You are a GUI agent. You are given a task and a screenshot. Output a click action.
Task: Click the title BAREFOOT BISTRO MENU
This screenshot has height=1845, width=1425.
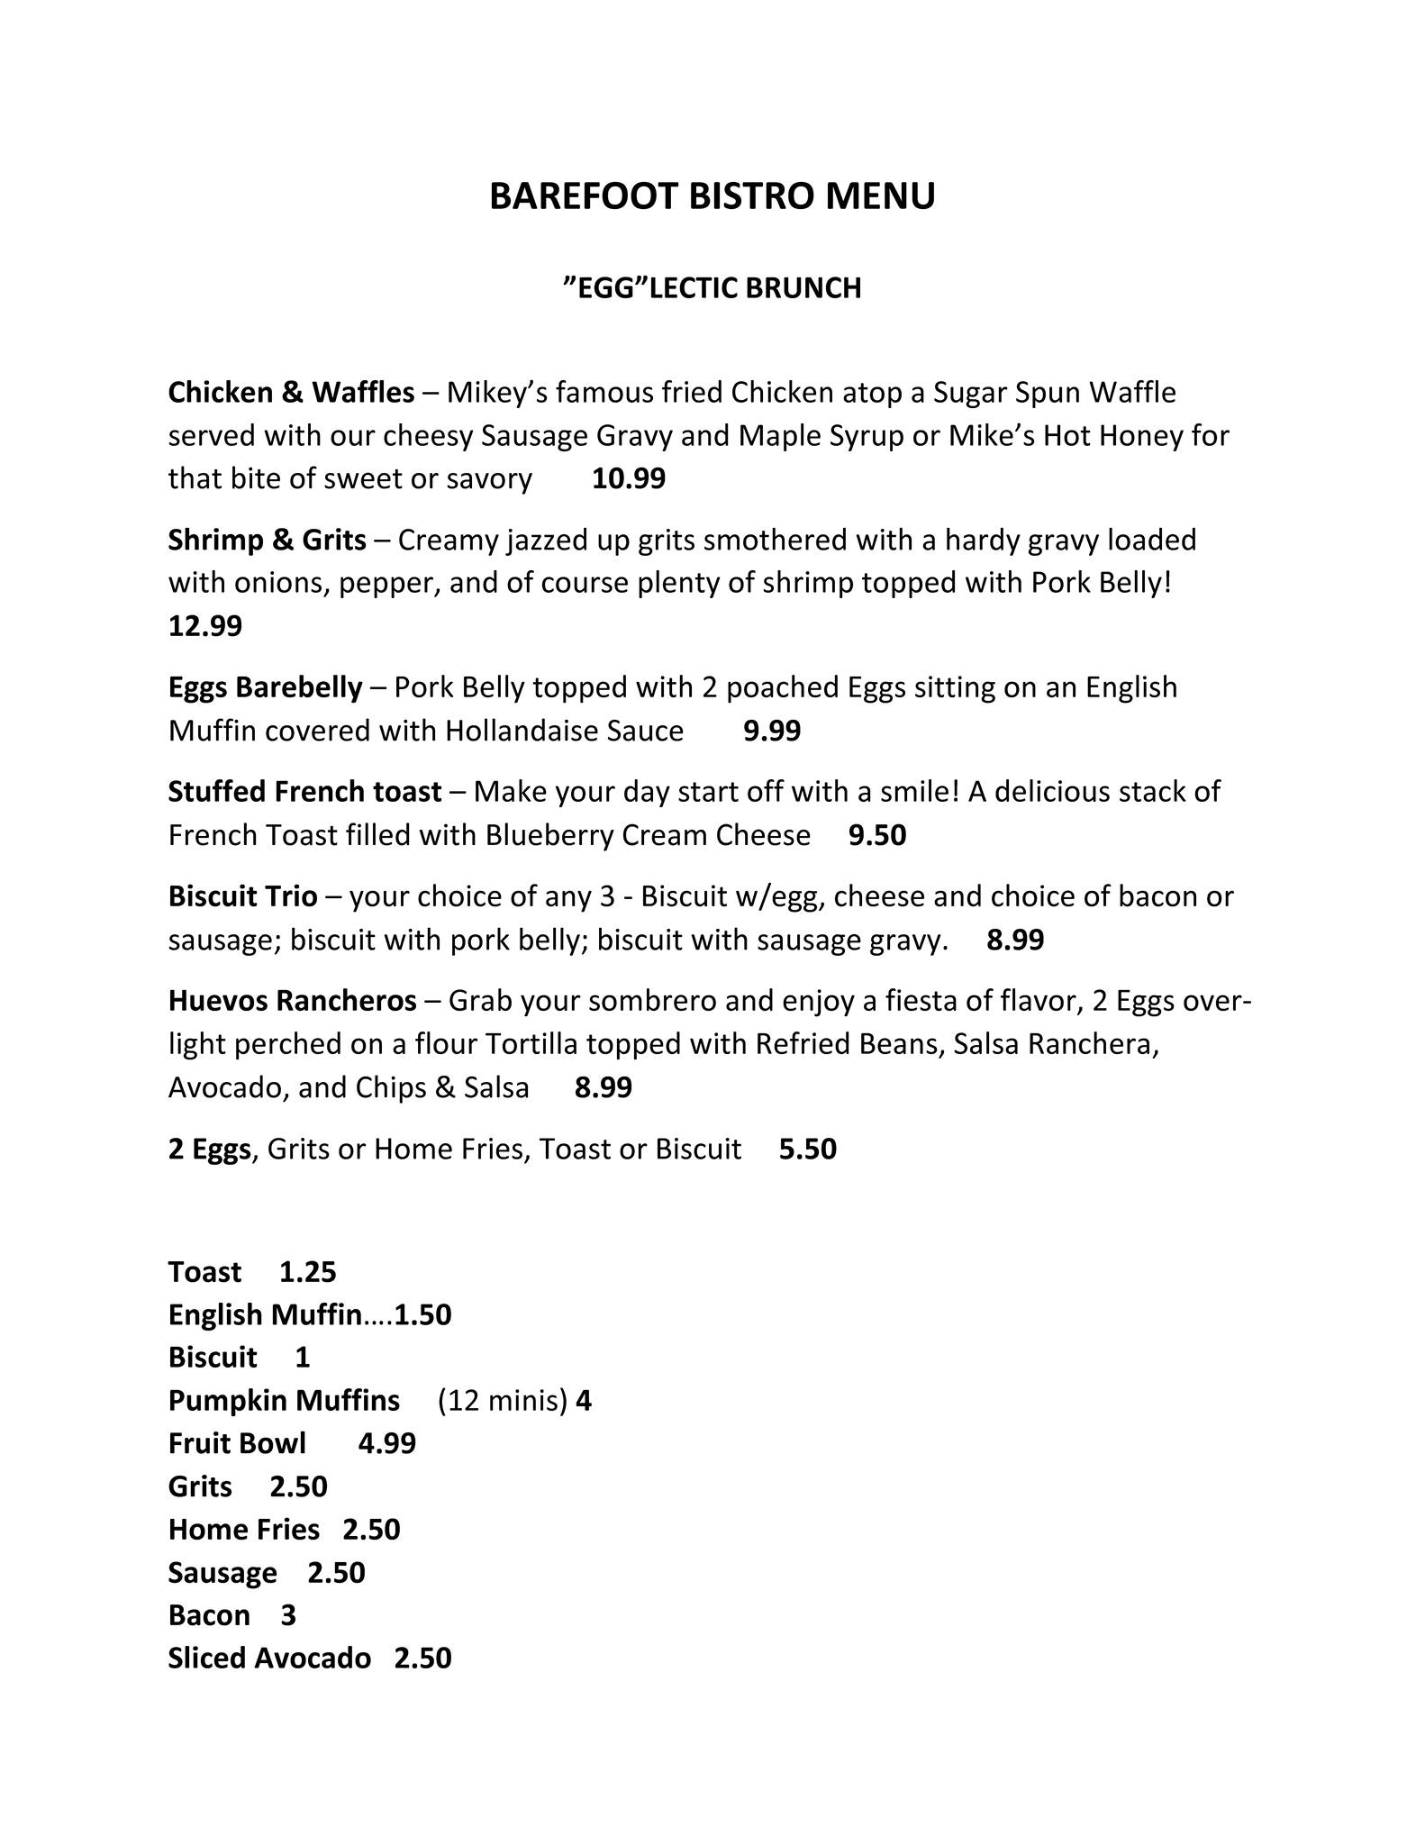tap(712, 195)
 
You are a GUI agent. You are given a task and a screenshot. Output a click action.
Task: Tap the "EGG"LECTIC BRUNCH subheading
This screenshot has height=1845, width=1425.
tap(712, 287)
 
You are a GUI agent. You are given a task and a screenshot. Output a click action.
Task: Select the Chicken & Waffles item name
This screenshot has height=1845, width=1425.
tap(291, 393)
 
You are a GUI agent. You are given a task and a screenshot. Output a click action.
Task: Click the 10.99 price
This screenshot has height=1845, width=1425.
tap(628, 478)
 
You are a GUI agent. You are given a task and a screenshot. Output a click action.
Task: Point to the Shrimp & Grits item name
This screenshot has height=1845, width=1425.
tap(267, 540)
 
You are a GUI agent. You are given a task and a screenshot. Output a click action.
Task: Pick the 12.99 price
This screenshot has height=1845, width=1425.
tap(204, 625)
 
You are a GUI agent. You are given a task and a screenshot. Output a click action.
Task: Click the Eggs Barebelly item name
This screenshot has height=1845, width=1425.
tap(265, 687)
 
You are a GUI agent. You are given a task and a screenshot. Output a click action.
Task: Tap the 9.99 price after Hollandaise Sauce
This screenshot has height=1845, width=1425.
tap(771, 731)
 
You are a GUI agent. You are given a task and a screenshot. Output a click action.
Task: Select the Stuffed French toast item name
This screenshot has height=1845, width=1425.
tap(304, 792)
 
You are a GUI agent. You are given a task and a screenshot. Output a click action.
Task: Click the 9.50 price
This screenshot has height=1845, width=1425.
tap(876, 835)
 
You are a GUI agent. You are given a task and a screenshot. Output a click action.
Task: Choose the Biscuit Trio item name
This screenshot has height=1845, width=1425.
tap(242, 896)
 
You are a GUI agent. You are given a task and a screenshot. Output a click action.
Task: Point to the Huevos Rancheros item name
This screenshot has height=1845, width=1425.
tap(292, 1001)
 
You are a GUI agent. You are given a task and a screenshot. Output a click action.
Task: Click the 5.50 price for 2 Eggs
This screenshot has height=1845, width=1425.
tap(807, 1149)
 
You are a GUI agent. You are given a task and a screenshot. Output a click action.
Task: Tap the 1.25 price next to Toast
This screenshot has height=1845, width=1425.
tap(307, 1272)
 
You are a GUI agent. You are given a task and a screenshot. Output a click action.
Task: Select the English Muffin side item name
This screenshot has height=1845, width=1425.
tap(264, 1315)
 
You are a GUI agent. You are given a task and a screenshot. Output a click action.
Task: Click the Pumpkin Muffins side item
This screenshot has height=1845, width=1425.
tap(284, 1401)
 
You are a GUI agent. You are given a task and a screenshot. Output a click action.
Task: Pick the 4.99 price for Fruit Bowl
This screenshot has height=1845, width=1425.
tap(386, 1443)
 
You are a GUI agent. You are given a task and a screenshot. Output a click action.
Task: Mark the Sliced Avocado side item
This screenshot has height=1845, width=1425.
tap(269, 1659)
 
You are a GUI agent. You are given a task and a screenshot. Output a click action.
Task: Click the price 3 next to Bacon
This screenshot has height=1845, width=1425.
tap(288, 1615)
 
